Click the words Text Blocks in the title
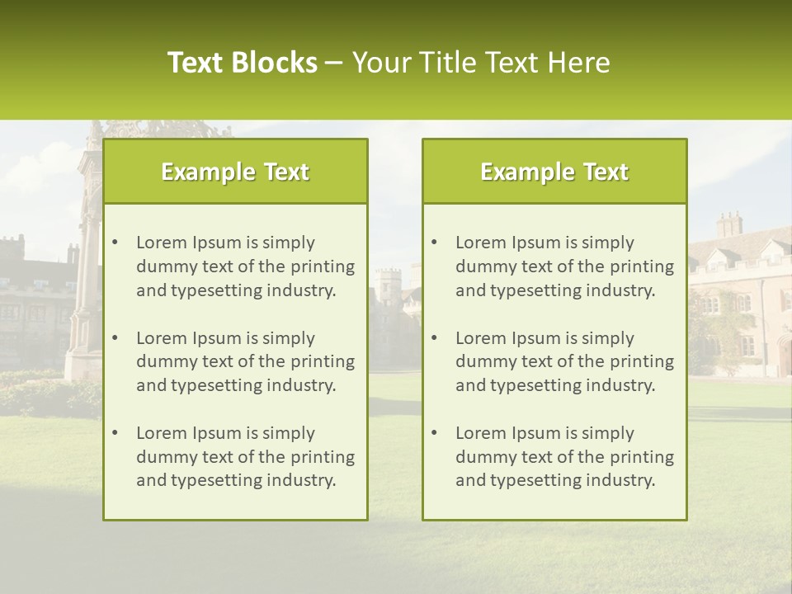(242, 63)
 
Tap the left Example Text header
(235, 172)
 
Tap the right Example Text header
(554, 172)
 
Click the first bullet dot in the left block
(115, 243)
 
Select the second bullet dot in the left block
(115, 338)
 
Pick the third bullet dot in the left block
(115, 433)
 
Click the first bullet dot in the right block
(434, 243)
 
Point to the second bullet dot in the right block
(434, 338)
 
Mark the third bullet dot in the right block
(434, 433)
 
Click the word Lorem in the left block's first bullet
(162, 243)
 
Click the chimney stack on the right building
(729, 224)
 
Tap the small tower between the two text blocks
(389, 285)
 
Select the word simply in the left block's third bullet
(289, 433)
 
